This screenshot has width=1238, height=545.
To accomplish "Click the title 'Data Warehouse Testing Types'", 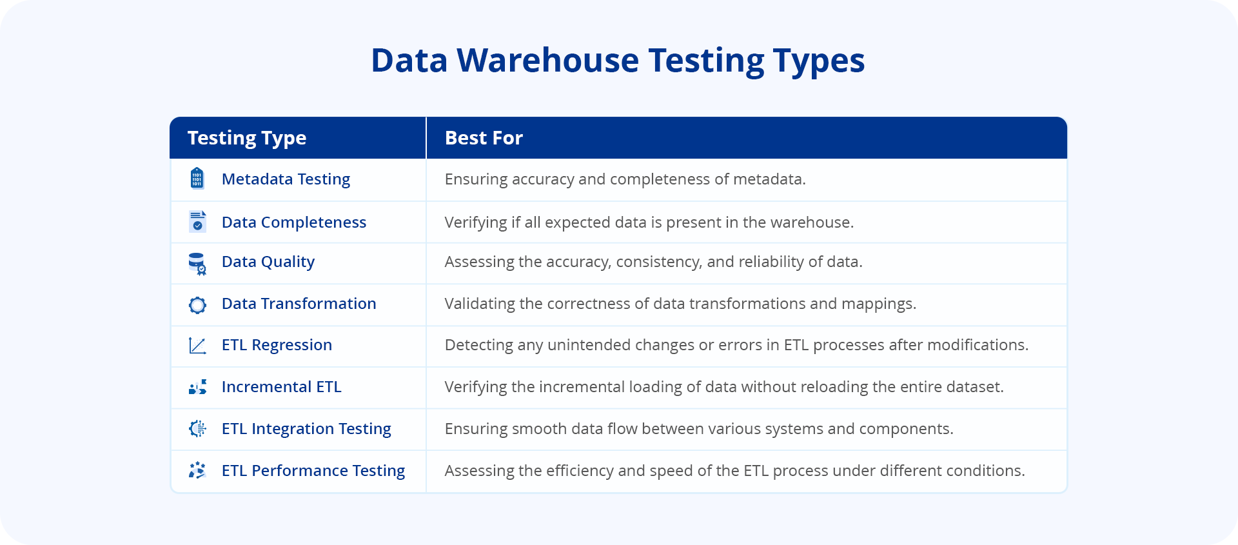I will pyautogui.click(x=618, y=61).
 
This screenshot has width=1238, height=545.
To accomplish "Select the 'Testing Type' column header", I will pyautogui.click(x=247, y=138).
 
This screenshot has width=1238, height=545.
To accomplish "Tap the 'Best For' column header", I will pyautogui.click(x=484, y=138).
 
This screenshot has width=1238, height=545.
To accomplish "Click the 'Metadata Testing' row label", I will pyautogui.click(x=286, y=179).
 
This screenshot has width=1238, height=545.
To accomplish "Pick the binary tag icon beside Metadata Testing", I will pyautogui.click(x=197, y=179).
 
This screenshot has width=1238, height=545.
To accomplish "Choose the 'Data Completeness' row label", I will pyautogui.click(x=293, y=223).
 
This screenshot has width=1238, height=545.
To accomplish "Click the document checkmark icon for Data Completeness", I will pyautogui.click(x=197, y=221).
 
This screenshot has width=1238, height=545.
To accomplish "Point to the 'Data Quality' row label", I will pyautogui.click(x=268, y=262).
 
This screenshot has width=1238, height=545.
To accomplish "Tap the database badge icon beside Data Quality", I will pyautogui.click(x=197, y=263).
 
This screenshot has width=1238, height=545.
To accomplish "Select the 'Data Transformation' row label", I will pyautogui.click(x=299, y=304).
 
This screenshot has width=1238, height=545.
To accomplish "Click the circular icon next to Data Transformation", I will pyautogui.click(x=197, y=304).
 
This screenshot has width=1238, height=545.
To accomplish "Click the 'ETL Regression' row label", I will pyautogui.click(x=277, y=345).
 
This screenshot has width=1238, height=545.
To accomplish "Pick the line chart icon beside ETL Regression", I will pyautogui.click(x=197, y=346).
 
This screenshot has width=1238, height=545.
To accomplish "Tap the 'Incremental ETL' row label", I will pyautogui.click(x=281, y=387).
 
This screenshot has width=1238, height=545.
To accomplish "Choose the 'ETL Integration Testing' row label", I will pyautogui.click(x=306, y=429).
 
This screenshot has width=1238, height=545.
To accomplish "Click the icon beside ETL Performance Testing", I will pyautogui.click(x=197, y=470).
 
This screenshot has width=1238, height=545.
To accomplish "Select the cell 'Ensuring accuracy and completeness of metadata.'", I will pyautogui.click(x=625, y=179).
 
